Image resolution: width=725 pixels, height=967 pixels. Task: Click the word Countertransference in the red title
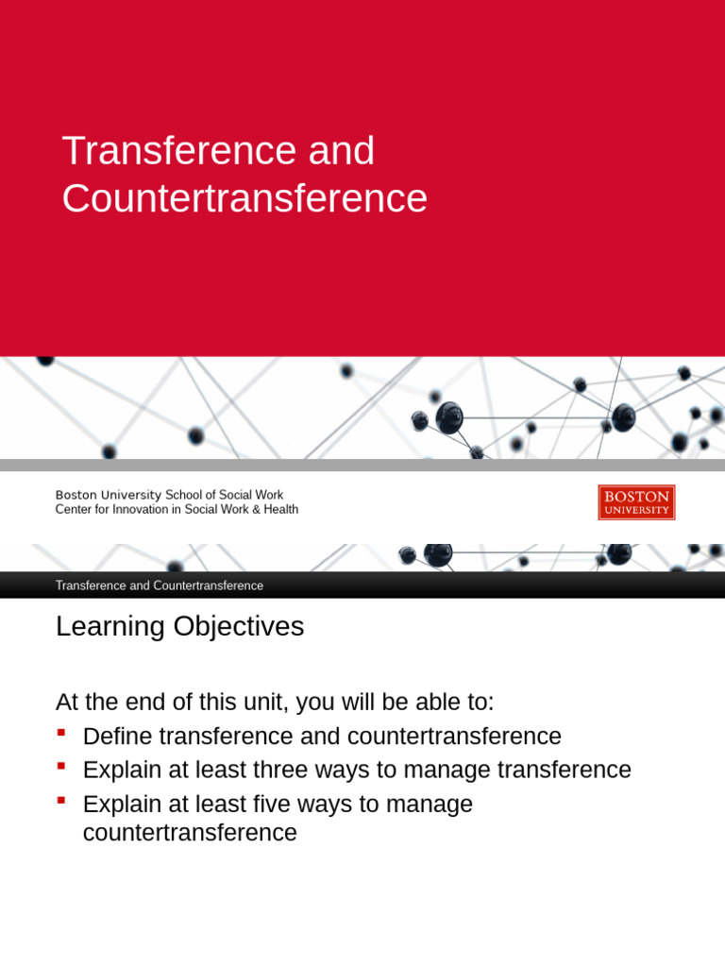[x=244, y=198]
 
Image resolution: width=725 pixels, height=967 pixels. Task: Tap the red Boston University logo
[x=636, y=502]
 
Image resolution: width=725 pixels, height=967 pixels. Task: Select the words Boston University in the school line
[x=109, y=495]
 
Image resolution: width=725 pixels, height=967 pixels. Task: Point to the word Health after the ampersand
[x=280, y=510]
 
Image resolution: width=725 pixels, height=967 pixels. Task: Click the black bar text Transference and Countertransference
[x=159, y=585]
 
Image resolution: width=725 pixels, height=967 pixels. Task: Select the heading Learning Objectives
[x=179, y=626]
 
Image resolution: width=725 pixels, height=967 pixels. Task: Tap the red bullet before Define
[x=61, y=733]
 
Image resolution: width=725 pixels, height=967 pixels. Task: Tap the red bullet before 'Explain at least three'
[x=61, y=766]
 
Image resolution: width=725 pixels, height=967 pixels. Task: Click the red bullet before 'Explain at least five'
[x=61, y=801]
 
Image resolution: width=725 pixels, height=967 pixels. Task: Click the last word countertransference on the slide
[x=190, y=833]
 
